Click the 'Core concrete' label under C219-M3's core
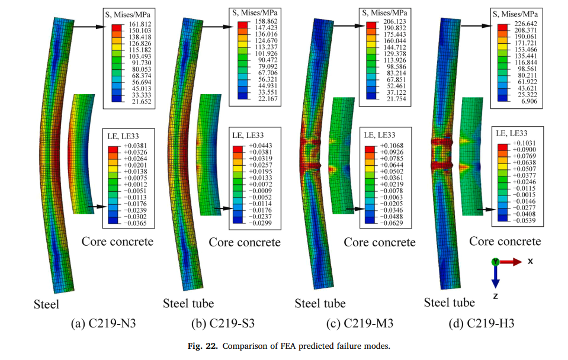tap(380, 242)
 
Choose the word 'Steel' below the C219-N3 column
tap(46, 305)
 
